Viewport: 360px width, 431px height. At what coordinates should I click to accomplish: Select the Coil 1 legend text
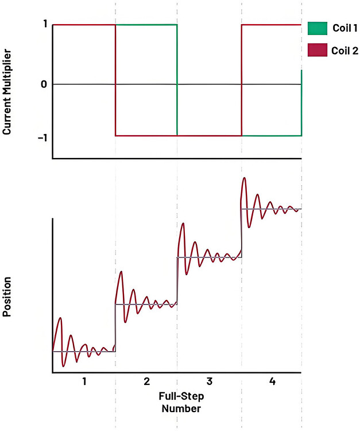[345, 28]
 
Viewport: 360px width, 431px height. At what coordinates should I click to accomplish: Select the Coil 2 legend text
[345, 51]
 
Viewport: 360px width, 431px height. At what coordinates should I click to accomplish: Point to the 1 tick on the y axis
[45, 25]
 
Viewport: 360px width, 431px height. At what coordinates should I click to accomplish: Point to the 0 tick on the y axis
[45, 84]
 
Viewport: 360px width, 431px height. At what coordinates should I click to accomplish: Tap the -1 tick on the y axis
[43, 137]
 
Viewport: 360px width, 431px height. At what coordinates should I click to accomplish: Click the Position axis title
[8, 297]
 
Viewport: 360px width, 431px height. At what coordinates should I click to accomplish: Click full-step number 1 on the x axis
[84, 382]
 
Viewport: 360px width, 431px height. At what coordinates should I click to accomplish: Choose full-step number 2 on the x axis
[147, 382]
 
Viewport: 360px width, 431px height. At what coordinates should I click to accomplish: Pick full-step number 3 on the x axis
[209, 382]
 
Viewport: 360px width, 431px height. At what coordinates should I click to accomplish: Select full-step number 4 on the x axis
[272, 382]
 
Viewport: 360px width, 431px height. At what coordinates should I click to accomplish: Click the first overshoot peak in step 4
[245, 178]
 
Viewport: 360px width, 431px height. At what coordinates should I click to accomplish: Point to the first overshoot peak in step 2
[121, 271]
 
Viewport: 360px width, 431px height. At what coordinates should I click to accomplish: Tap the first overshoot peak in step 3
[183, 223]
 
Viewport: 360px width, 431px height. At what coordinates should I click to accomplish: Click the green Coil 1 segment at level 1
[146, 25]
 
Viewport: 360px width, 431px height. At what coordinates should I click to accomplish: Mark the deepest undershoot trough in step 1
[64, 365]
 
